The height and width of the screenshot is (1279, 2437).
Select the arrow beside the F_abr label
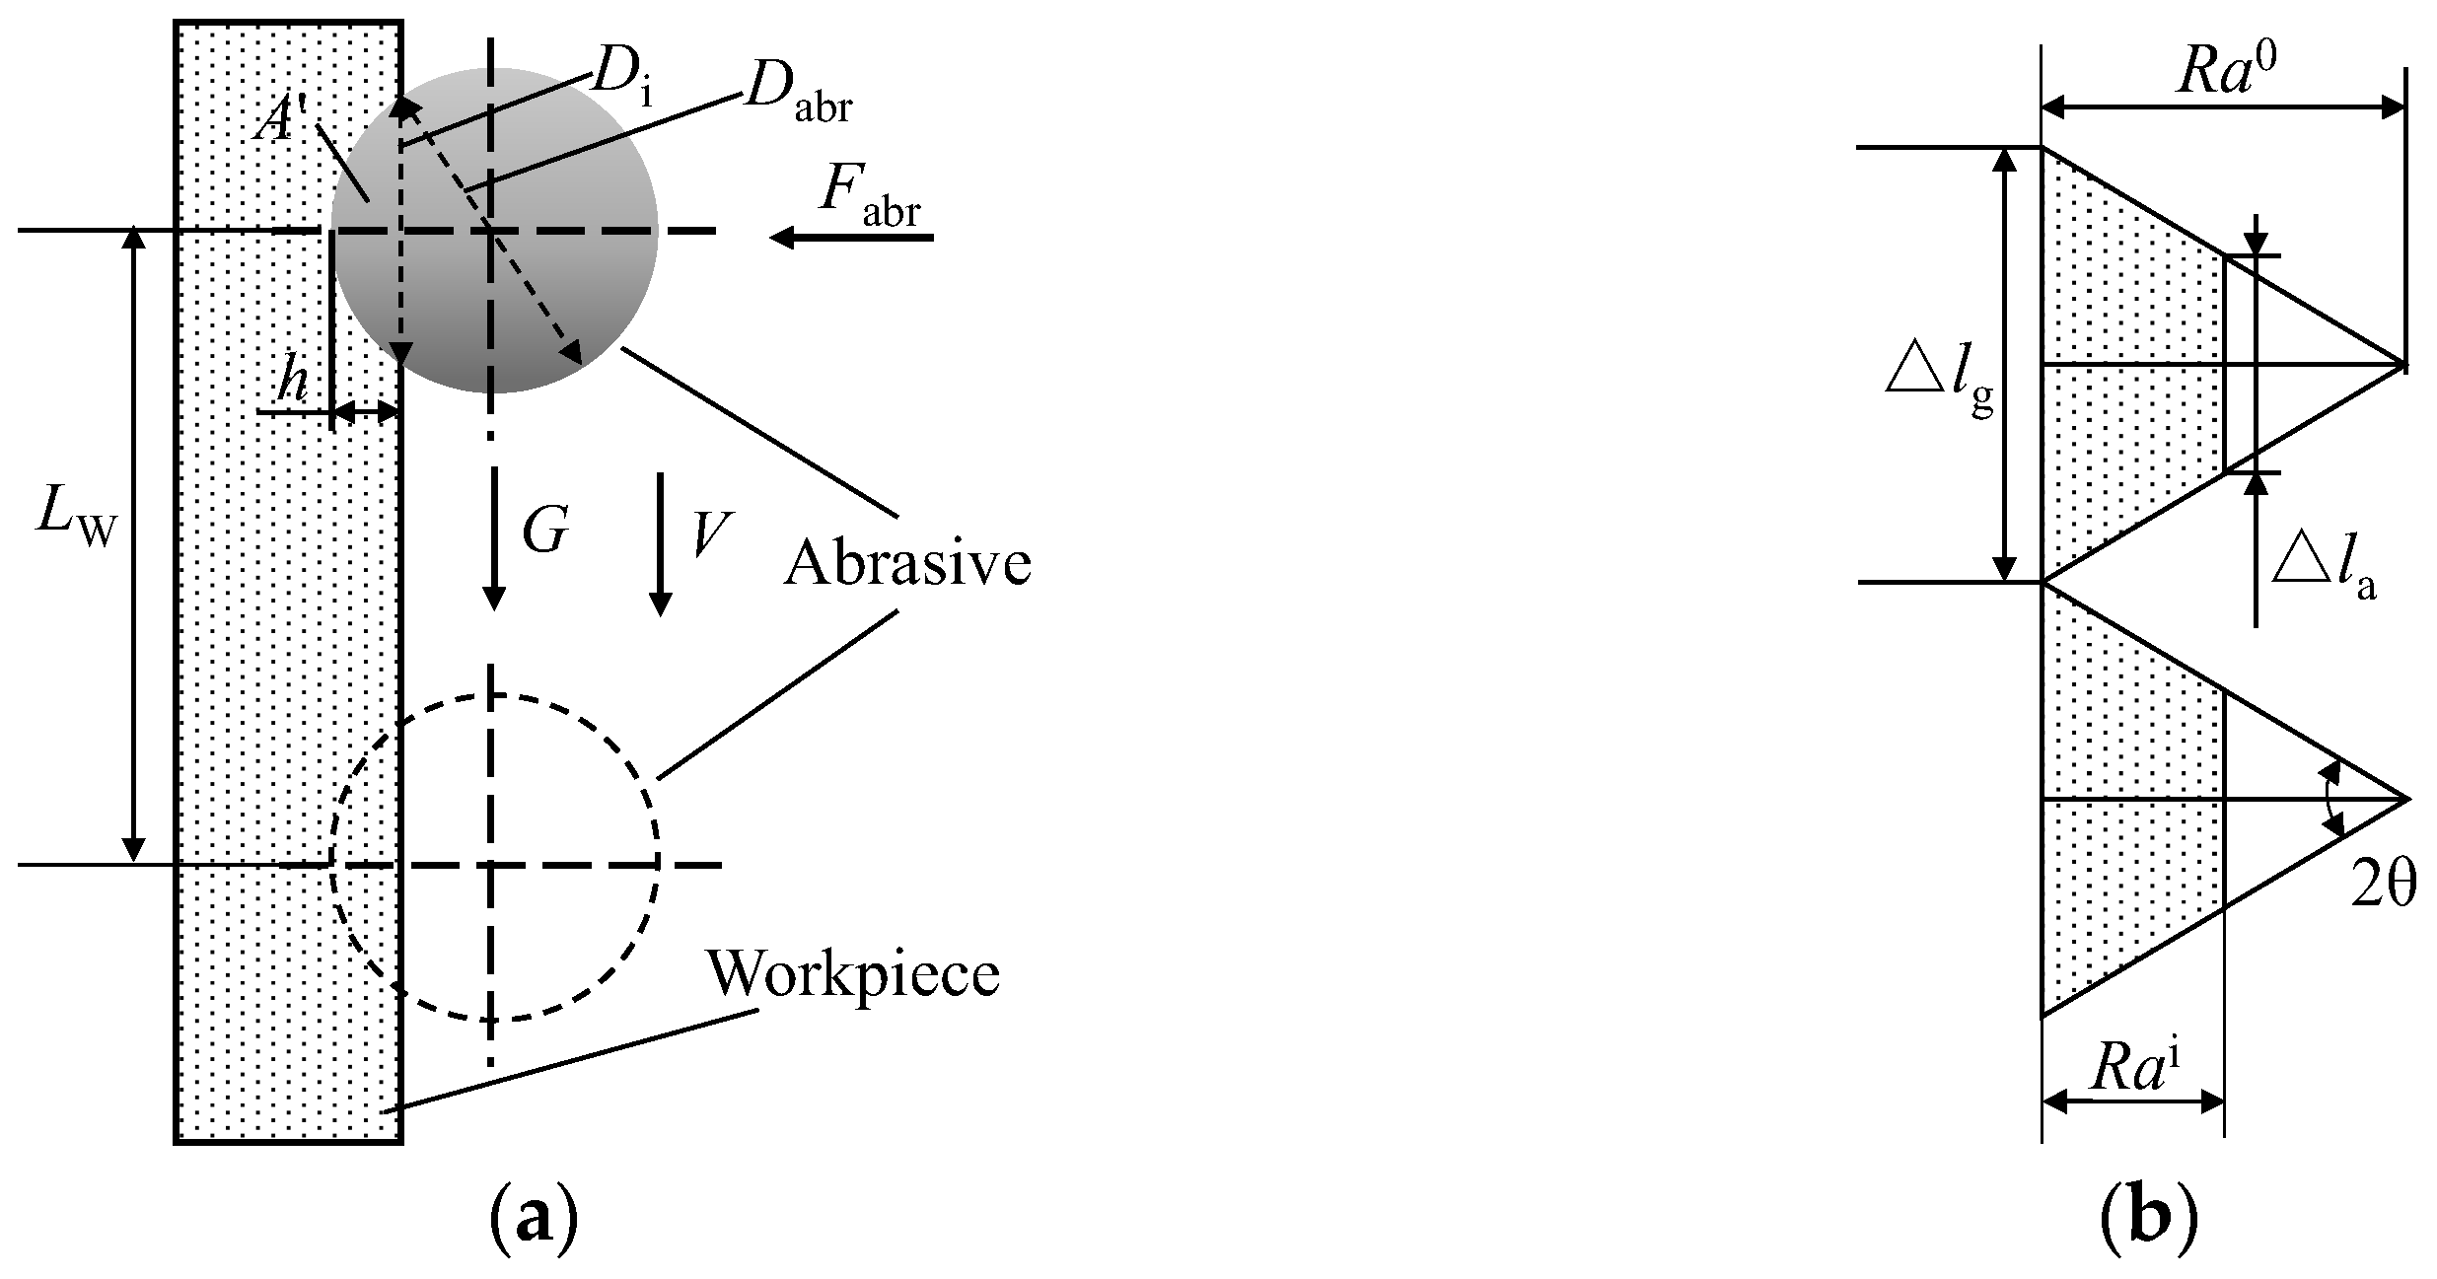coord(851,238)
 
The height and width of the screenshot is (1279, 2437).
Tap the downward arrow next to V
coord(660,543)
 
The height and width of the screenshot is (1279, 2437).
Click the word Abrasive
coord(907,564)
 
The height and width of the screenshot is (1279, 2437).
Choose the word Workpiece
coord(853,974)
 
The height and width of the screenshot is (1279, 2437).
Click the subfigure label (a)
coord(532,1226)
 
